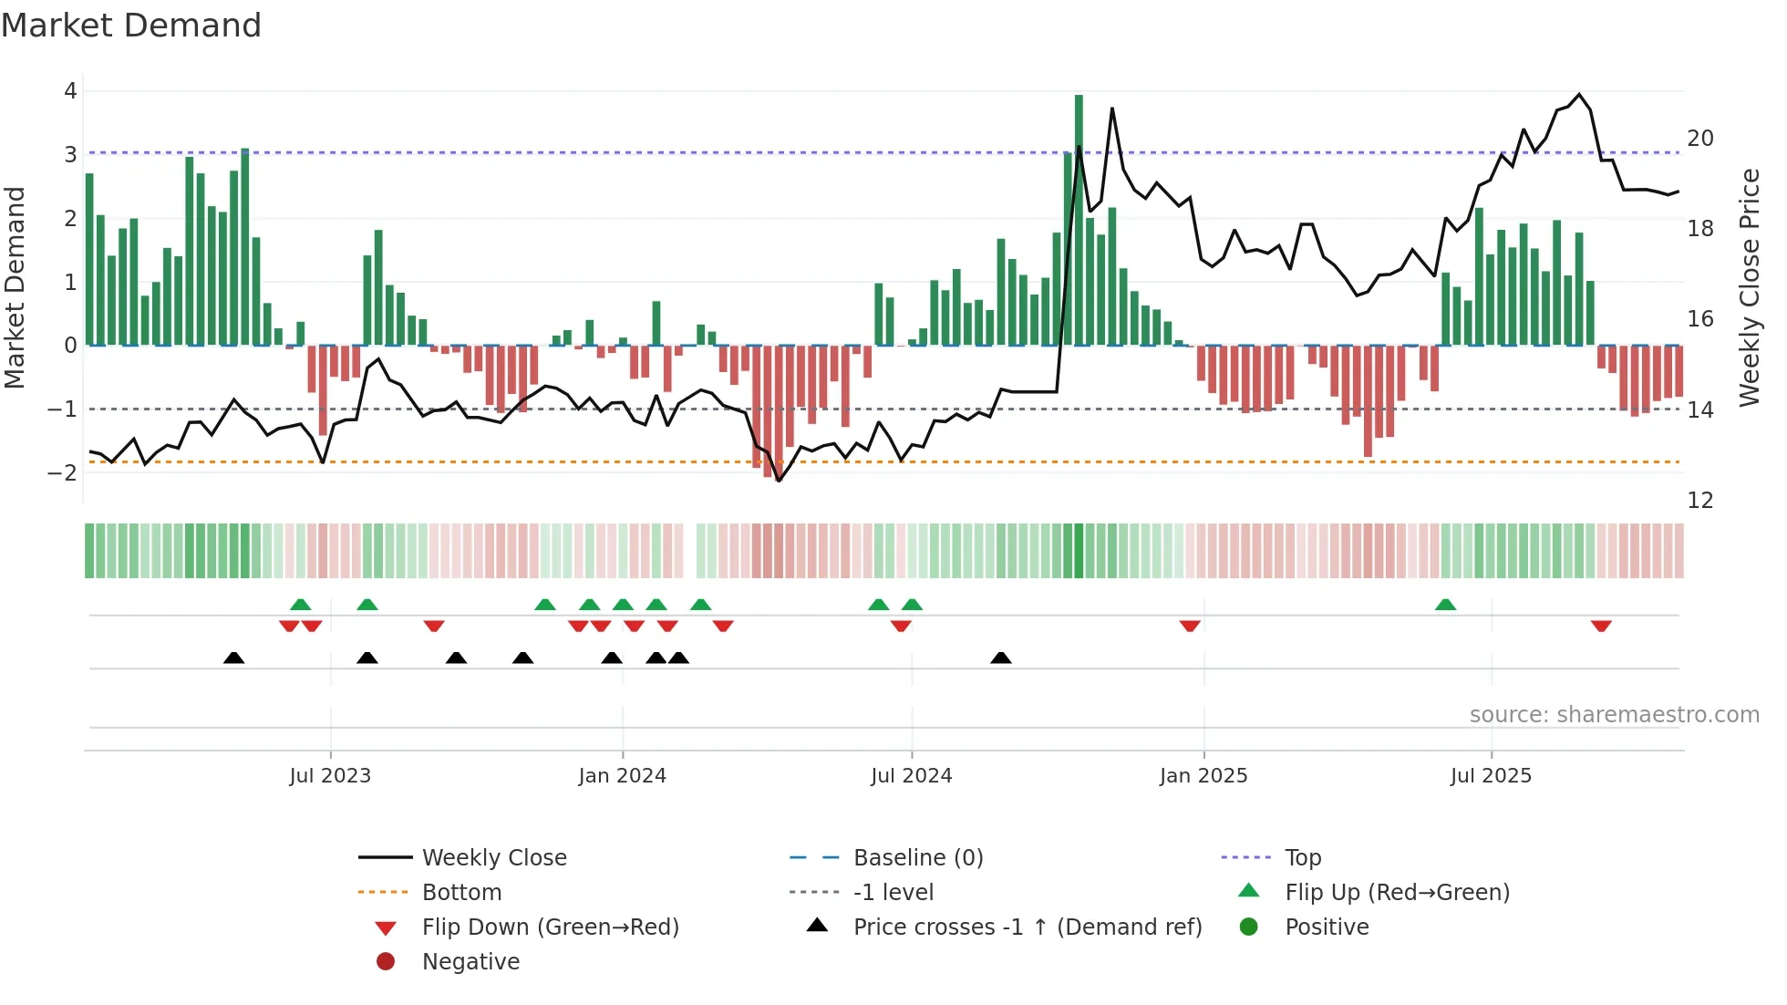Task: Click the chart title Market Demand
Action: (x=131, y=26)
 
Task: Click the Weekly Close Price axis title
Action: (x=1749, y=287)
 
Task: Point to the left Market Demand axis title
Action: (x=15, y=287)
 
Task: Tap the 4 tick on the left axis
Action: (x=70, y=91)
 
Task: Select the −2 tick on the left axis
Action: (x=63, y=472)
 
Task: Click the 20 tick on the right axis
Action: (x=1699, y=139)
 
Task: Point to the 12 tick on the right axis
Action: (x=1699, y=501)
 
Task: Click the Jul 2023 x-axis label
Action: (x=330, y=776)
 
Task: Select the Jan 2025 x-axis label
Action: (x=1203, y=776)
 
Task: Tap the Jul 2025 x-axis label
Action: (x=1491, y=776)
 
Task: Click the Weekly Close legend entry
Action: (x=493, y=858)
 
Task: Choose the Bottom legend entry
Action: (x=461, y=893)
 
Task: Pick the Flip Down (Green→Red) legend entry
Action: (x=550, y=927)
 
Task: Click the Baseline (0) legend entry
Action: (x=917, y=858)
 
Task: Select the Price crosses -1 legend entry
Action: (x=1027, y=927)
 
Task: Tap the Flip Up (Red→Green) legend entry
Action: (x=1397, y=893)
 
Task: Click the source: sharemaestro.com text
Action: (x=1614, y=715)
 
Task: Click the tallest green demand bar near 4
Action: (x=1079, y=219)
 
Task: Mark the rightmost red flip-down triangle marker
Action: (x=1601, y=626)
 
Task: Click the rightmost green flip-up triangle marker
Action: (x=1445, y=605)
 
